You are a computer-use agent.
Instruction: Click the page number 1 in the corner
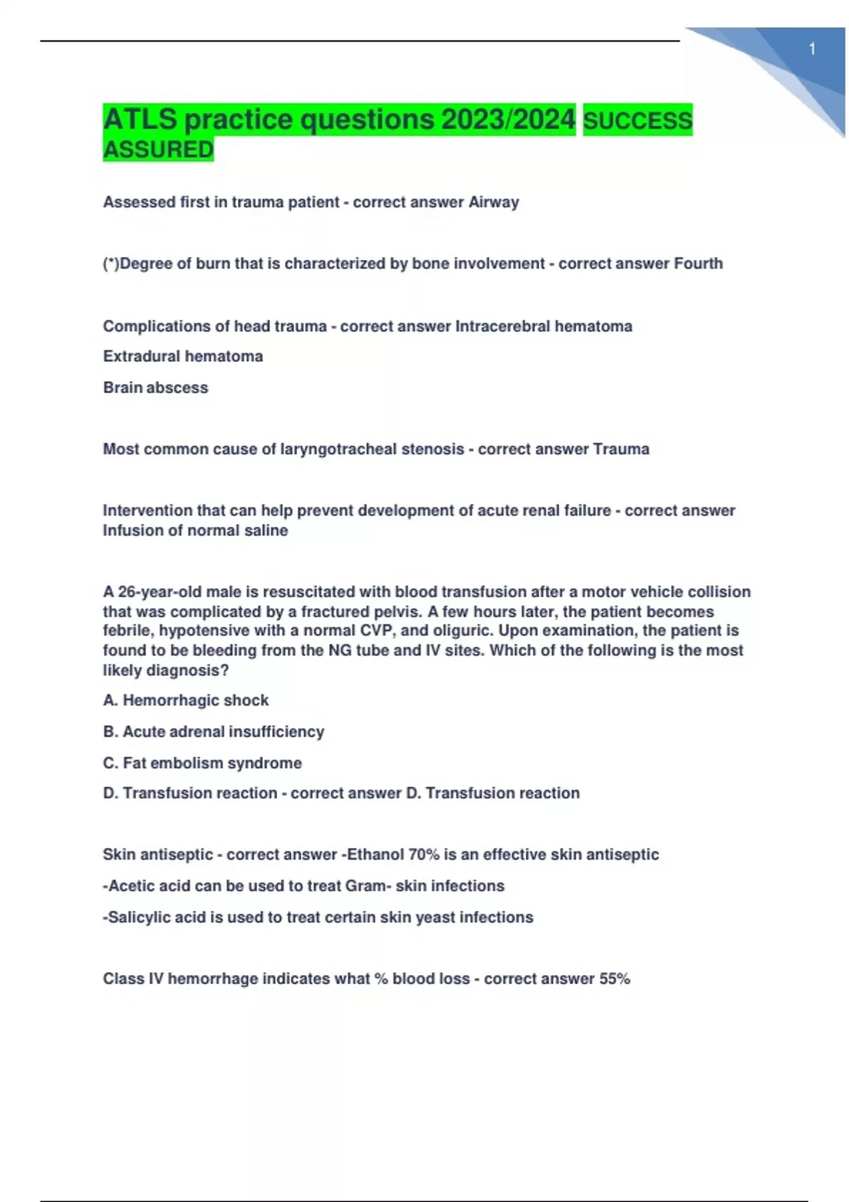tap(812, 49)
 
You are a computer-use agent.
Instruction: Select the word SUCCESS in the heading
tap(637, 121)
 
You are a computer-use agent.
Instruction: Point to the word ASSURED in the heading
tap(158, 150)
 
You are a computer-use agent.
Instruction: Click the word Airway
tap(494, 202)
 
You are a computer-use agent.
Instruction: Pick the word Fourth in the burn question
tap(698, 264)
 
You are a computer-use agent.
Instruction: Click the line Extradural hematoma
tap(183, 356)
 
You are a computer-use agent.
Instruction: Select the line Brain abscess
tap(156, 387)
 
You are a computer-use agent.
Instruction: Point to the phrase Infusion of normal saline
tap(195, 530)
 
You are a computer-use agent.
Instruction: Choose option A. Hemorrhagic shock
tap(185, 700)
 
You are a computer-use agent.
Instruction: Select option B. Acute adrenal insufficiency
tap(213, 732)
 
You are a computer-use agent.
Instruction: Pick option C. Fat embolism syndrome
tap(202, 763)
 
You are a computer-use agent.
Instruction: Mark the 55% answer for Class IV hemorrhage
tap(614, 979)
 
